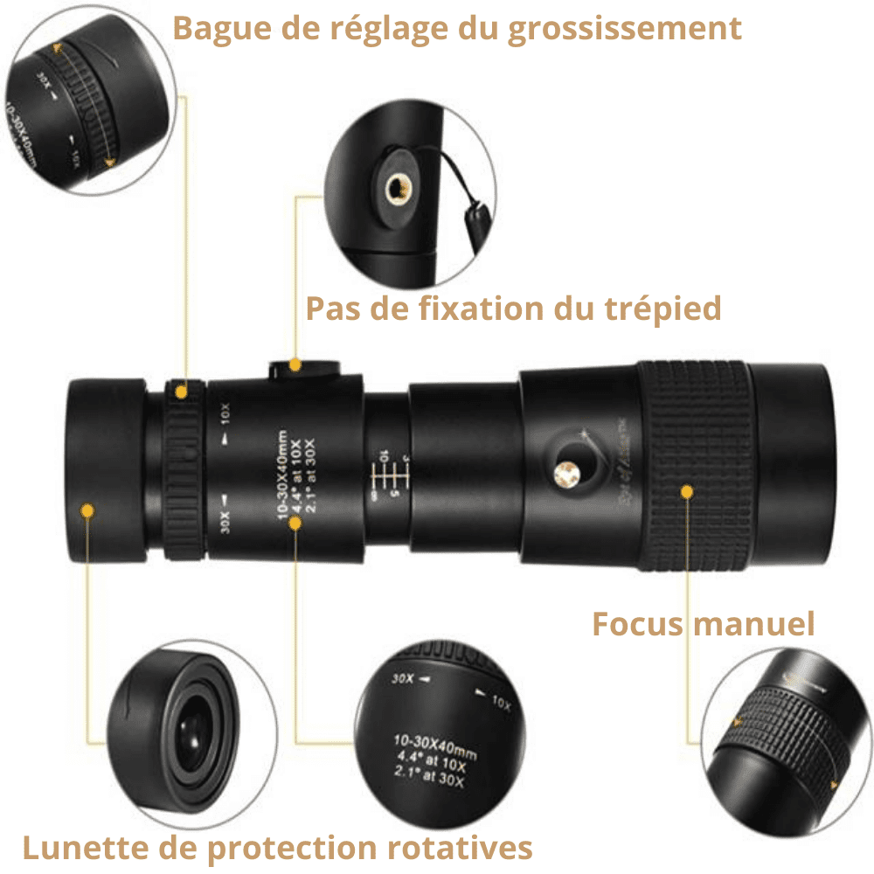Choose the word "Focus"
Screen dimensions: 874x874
click(639, 624)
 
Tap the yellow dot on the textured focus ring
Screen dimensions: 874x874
click(686, 491)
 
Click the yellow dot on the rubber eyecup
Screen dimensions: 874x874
click(87, 510)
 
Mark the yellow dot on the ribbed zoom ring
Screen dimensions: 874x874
click(181, 391)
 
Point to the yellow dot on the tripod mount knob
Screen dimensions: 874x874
click(295, 364)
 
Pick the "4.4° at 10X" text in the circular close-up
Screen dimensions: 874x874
click(433, 757)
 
